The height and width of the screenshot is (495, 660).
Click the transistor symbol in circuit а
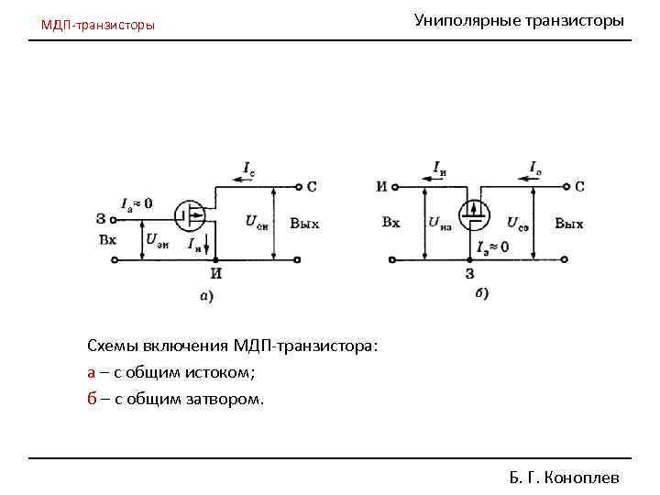[192, 217]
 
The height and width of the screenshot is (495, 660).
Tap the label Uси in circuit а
[257, 221]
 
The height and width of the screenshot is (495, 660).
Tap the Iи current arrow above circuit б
[440, 170]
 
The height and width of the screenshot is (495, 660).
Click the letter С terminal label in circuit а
[311, 187]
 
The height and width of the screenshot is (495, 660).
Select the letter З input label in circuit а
[100, 218]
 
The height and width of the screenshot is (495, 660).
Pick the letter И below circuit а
[216, 272]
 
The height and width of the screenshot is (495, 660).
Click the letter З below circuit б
[471, 273]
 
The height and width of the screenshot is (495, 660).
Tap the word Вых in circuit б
[568, 224]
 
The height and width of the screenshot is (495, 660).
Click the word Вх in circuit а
[107, 240]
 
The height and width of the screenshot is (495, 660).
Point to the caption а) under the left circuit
[206, 295]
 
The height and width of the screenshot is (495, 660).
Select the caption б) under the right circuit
[482, 293]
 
